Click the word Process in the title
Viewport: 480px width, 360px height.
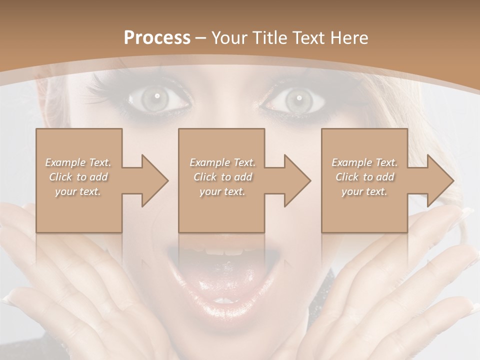[157, 38]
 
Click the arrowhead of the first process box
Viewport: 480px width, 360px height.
[153, 180]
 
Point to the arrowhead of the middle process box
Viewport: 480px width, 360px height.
[295, 180]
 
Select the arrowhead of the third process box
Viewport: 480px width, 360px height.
[438, 180]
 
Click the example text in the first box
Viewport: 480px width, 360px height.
[78, 177]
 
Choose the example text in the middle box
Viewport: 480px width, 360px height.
[222, 177]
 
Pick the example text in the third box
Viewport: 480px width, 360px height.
[364, 177]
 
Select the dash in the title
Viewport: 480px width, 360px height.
[201, 38]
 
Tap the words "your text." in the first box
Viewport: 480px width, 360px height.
[78, 191]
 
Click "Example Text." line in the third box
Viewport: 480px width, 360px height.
[364, 162]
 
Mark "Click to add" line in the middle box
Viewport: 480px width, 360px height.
[222, 177]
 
